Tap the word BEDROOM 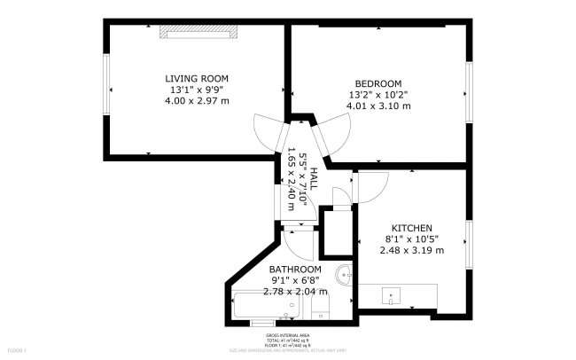[378, 83]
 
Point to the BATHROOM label [295, 270]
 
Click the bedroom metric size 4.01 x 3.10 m [378, 106]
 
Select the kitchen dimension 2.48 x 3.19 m [411, 250]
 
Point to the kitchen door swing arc [372, 184]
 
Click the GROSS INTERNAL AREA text [288, 336]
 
